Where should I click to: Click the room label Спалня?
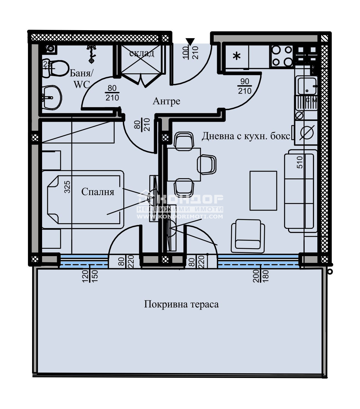[98, 192]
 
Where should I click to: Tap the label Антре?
[166, 101]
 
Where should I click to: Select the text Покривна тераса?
[181, 304]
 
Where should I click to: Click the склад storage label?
[142, 53]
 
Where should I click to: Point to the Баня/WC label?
[81, 79]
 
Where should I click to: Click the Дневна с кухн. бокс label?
[246, 136]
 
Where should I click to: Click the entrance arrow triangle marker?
[190, 42]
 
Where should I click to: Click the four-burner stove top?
[282, 56]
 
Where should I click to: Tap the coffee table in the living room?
[263, 191]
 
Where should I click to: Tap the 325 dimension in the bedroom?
[67, 187]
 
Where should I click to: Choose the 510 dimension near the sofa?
[300, 162]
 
